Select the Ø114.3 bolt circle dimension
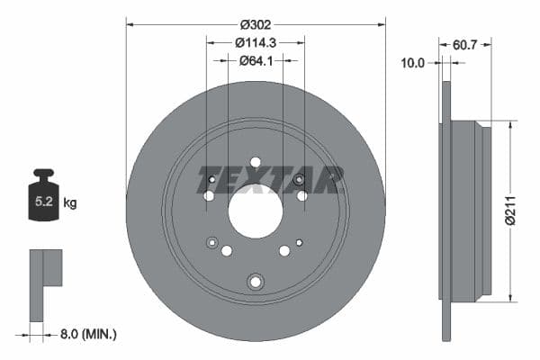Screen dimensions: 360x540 tap(256, 41)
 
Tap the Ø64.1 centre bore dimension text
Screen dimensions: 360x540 tap(256, 60)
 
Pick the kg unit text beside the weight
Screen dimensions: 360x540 tap(70, 203)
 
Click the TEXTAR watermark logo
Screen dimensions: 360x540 tap(270, 180)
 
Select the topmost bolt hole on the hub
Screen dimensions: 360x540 tap(256, 162)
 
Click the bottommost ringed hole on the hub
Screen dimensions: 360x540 tap(256, 282)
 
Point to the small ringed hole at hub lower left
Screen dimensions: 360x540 tap(213, 241)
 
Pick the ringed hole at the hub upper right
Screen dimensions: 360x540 tap(300, 181)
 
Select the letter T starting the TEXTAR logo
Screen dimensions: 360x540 tap(208, 180)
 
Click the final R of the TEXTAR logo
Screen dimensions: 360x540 tap(331, 180)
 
